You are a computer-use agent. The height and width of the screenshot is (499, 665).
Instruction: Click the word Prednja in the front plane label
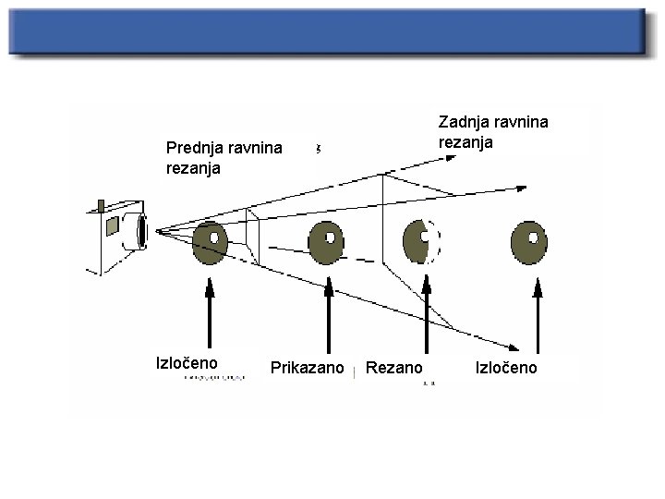[192, 146]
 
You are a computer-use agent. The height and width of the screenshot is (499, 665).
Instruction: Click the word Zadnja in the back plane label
[462, 122]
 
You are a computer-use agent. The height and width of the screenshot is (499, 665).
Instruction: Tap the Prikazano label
[307, 369]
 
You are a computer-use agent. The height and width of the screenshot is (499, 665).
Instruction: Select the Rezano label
[394, 369]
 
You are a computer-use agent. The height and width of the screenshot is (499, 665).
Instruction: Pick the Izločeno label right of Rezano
[510, 369]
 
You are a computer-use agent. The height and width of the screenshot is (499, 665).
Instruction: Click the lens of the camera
[141, 231]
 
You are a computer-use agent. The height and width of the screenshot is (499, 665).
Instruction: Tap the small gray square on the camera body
[112, 225]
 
